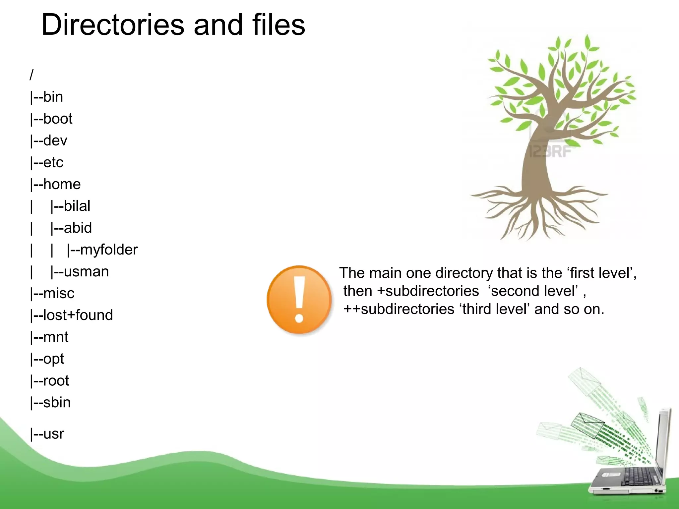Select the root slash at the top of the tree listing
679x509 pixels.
point(31,75)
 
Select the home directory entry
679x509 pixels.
point(61,184)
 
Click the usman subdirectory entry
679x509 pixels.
point(86,272)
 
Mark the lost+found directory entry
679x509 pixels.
point(78,315)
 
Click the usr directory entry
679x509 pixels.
point(53,434)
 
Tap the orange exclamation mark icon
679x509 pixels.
point(299,300)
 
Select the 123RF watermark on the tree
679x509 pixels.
point(550,151)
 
